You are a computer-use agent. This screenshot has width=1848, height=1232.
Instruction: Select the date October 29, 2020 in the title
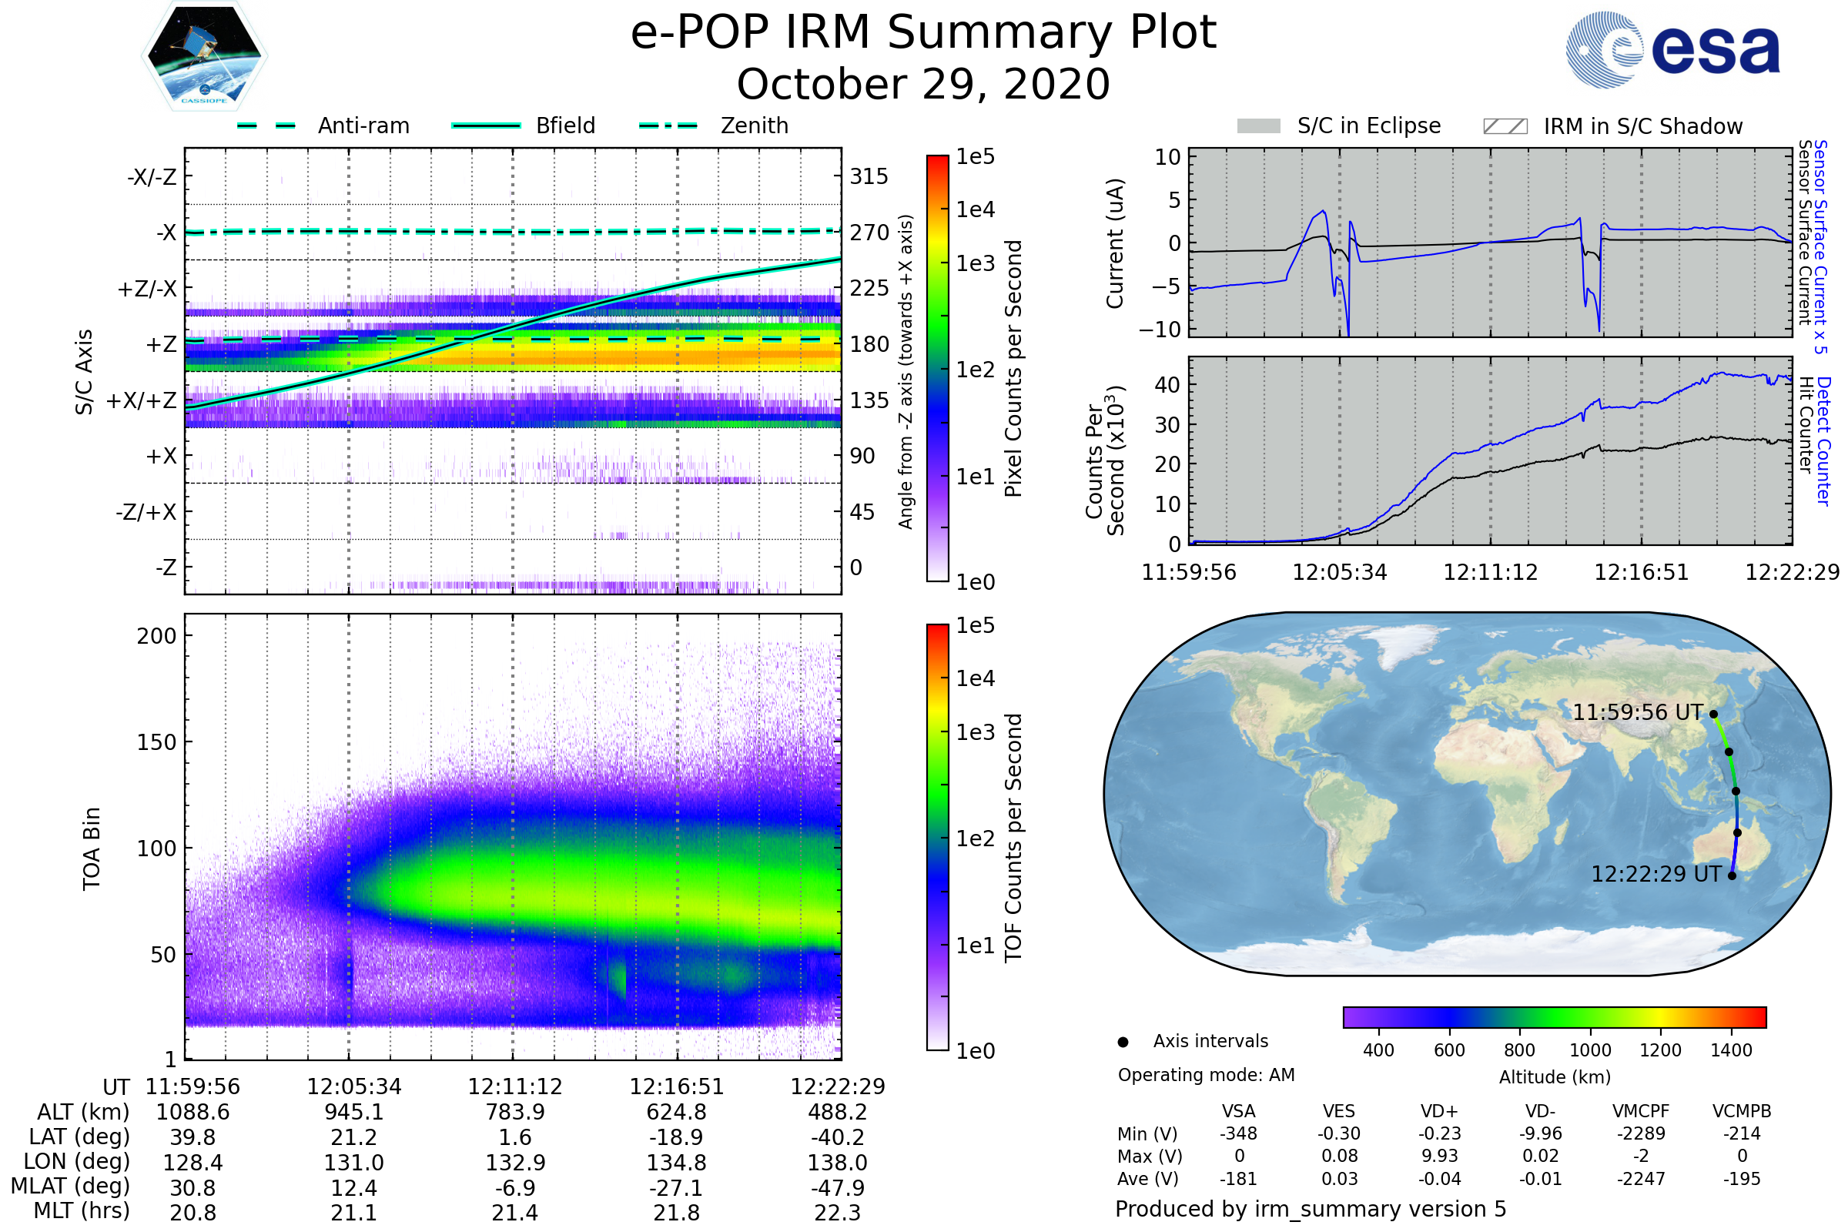pyautogui.click(x=923, y=84)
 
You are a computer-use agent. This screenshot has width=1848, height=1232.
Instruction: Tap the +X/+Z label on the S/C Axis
pyautogui.click(x=142, y=400)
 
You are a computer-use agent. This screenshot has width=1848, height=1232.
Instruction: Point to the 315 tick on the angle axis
pyautogui.click(x=869, y=176)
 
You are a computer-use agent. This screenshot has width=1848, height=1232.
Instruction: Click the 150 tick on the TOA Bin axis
pyautogui.click(x=156, y=742)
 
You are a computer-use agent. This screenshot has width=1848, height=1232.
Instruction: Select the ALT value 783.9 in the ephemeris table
pyautogui.click(x=514, y=1113)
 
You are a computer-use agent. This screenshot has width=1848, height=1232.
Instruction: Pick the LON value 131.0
pyautogui.click(x=353, y=1163)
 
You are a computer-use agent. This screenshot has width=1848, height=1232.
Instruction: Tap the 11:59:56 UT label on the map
pyautogui.click(x=1638, y=713)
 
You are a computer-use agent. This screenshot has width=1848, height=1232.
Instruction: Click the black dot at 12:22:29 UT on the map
pyautogui.click(x=1732, y=876)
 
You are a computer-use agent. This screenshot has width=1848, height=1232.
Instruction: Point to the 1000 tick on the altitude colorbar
pyautogui.click(x=1590, y=1050)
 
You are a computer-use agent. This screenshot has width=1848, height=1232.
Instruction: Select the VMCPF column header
pyautogui.click(x=1641, y=1111)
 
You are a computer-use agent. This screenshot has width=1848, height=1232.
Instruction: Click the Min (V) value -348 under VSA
pyautogui.click(x=1238, y=1133)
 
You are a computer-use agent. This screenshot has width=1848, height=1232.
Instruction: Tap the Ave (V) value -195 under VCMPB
pyautogui.click(x=1742, y=1179)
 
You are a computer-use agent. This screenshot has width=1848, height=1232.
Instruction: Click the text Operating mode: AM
pyautogui.click(x=1206, y=1075)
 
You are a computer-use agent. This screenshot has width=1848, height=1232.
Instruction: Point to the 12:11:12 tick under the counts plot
pyautogui.click(x=1491, y=572)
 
